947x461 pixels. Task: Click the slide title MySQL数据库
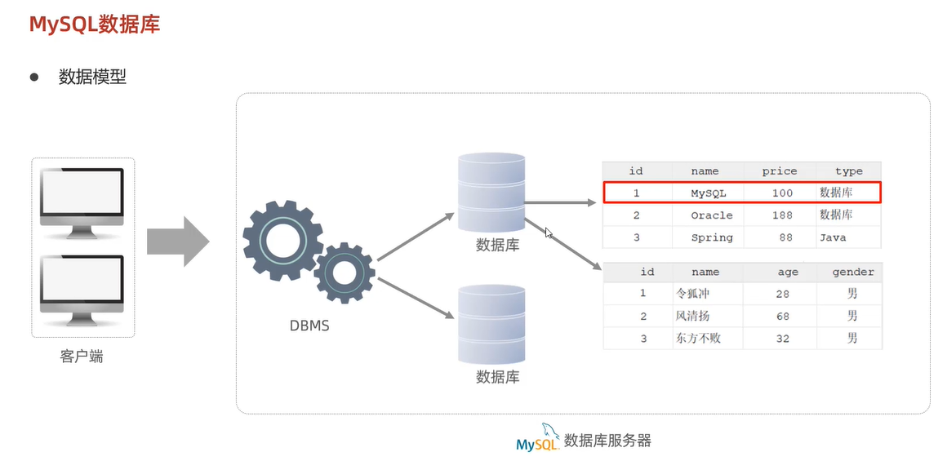94,24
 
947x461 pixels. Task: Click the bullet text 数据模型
92,78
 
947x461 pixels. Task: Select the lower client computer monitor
82,289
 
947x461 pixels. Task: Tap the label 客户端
82,357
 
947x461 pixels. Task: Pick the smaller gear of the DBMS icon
344,273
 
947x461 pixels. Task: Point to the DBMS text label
309,326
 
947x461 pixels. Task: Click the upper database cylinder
491,193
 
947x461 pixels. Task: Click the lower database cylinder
491,324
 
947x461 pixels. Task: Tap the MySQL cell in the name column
708,193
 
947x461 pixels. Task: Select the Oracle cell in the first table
711,215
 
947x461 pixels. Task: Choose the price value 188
782,215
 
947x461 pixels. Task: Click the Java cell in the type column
833,237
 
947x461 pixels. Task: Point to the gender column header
852,272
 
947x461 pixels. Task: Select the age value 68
782,316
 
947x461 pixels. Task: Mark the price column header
779,171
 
